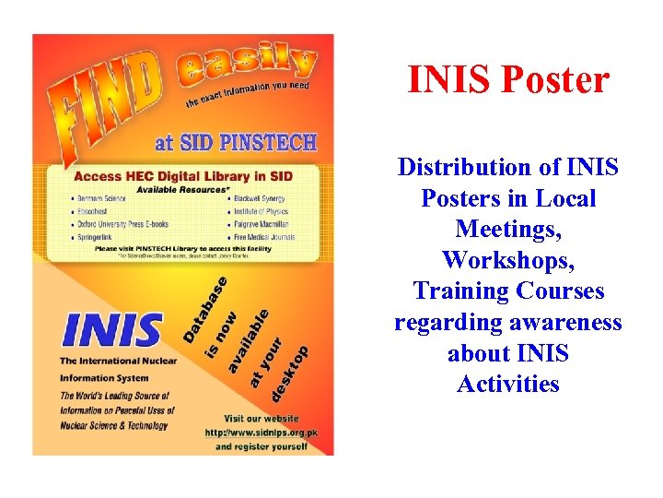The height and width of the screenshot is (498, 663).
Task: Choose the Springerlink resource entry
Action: (x=99, y=236)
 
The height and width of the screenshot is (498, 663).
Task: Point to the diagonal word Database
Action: (x=204, y=308)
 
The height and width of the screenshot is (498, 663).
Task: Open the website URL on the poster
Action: (x=253, y=432)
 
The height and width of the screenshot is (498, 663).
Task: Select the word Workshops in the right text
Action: (x=508, y=261)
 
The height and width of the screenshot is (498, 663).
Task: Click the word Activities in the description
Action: (x=508, y=384)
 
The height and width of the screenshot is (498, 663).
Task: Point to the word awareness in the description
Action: (x=568, y=323)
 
